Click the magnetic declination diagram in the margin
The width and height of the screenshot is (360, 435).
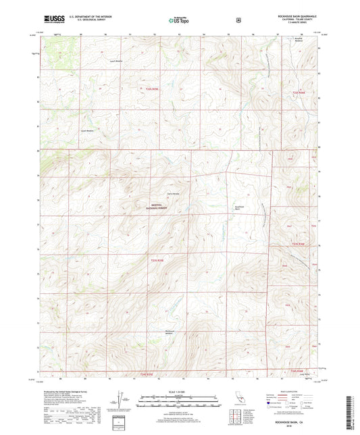tap(121, 397)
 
